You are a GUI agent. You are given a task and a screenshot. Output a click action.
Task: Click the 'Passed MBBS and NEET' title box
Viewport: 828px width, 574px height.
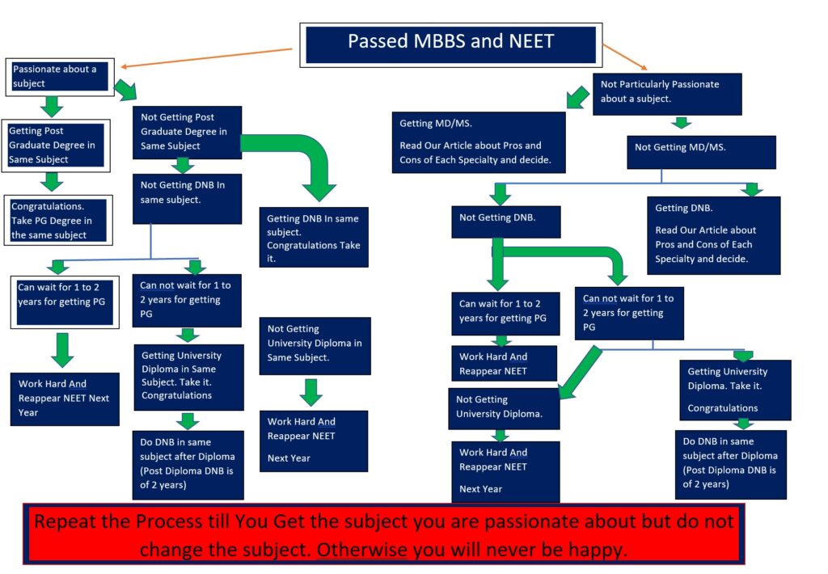(x=450, y=42)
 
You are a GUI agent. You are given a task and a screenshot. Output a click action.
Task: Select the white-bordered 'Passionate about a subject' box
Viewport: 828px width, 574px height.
(x=60, y=77)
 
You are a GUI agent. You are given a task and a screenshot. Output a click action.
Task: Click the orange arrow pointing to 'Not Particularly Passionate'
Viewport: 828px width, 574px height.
(x=625, y=57)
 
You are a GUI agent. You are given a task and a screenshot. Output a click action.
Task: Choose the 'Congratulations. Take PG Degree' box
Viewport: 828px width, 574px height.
(x=57, y=221)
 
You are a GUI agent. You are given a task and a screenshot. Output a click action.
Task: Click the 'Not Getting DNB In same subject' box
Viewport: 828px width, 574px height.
(x=187, y=200)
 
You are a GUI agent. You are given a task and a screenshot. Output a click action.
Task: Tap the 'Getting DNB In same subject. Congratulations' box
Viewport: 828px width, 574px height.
(x=314, y=238)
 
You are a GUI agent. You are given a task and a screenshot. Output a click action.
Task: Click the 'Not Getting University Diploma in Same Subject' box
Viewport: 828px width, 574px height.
(x=315, y=345)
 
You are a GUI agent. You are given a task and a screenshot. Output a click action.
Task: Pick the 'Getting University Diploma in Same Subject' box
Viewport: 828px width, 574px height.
(x=188, y=376)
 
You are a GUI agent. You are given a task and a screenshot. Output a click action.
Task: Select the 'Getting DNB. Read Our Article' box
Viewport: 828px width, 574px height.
(x=713, y=234)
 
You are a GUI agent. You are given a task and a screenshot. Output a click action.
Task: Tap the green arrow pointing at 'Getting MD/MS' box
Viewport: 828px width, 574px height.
(x=577, y=98)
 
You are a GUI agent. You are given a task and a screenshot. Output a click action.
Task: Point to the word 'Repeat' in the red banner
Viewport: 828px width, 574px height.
(x=67, y=521)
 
